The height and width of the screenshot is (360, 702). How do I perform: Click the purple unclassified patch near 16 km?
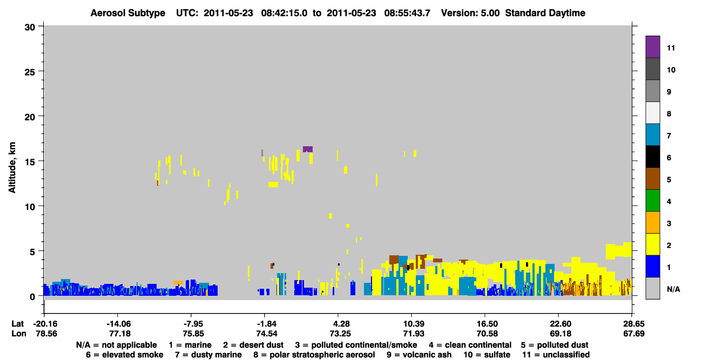(307, 149)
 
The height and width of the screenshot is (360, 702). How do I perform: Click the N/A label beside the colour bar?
(673, 289)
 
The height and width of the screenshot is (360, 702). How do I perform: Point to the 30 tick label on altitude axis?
(30, 28)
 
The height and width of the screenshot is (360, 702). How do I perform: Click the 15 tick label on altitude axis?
(30, 161)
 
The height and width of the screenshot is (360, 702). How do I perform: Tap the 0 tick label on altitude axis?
(32, 296)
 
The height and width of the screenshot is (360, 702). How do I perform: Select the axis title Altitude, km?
(12, 167)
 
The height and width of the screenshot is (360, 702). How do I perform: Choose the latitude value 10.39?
(414, 324)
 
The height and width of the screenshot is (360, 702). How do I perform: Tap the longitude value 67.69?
(634, 334)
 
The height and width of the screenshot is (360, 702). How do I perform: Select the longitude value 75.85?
(193, 334)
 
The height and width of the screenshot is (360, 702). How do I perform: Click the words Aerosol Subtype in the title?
(128, 13)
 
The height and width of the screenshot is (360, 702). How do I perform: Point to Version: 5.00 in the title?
(470, 13)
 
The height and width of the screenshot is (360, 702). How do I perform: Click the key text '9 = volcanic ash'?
(419, 355)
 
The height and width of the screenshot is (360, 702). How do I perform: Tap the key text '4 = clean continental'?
(470, 345)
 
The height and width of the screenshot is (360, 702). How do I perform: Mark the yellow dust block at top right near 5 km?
(618, 250)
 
